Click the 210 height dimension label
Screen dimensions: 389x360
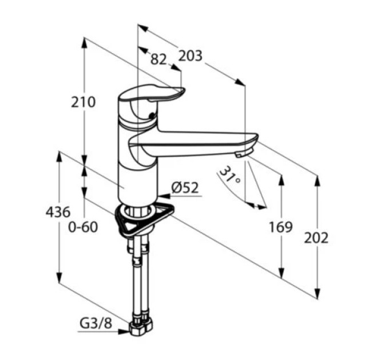[83, 102]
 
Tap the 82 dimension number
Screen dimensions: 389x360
[158, 59]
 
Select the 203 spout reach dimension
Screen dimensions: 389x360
[190, 56]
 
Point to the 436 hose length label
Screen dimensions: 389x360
[58, 213]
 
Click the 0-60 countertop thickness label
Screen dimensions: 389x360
[83, 227]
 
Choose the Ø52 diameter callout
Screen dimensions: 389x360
[185, 188]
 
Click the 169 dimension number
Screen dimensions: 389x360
[281, 227]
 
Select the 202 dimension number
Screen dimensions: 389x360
[316, 238]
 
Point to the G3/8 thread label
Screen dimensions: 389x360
[96, 323]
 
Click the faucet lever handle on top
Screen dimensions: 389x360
[152, 94]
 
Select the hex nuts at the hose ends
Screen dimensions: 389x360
[141, 326]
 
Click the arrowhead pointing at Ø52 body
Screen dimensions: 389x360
[164, 196]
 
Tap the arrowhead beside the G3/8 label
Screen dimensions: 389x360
[124, 332]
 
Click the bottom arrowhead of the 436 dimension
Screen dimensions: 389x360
[59, 278]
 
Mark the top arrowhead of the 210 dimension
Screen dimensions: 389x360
[84, 43]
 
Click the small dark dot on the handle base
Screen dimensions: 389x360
[152, 115]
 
